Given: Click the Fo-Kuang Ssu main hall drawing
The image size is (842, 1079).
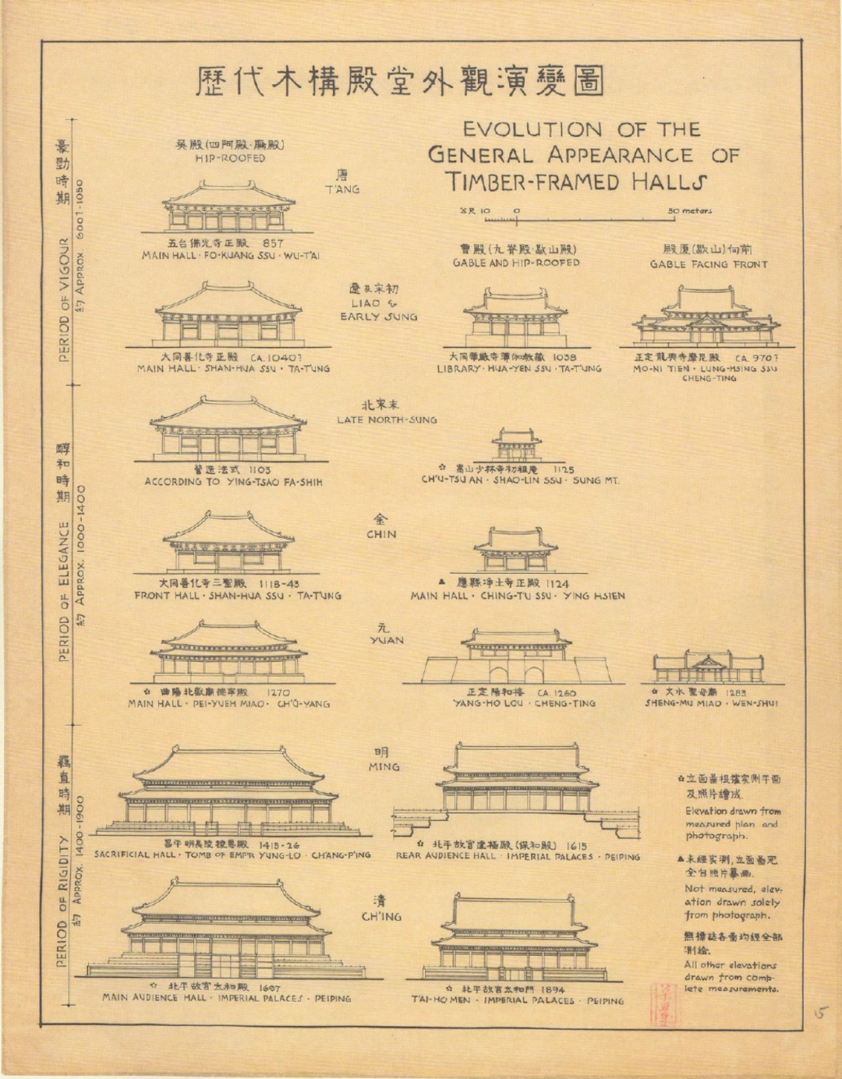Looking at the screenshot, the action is (x=228, y=207).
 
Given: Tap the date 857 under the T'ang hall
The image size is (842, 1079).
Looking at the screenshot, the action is (x=273, y=243).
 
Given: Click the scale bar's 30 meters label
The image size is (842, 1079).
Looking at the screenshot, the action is (x=689, y=210).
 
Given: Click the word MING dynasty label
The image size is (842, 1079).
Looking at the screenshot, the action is (x=384, y=766).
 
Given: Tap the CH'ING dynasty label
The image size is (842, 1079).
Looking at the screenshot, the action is (x=381, y=917).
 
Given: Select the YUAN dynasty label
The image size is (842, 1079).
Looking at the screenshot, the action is (x=387, y=640).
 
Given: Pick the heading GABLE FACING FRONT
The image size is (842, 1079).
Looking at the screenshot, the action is (x=709, y=264).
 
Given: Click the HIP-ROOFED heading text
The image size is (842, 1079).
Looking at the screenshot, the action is (x=230, y=158).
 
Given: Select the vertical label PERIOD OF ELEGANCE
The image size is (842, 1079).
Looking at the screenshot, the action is (x=64, y=593).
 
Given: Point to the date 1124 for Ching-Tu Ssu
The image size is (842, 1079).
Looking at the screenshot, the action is (x=557, y=583).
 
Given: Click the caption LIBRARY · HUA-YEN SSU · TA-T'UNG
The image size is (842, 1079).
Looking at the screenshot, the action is (x=518, y=368).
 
